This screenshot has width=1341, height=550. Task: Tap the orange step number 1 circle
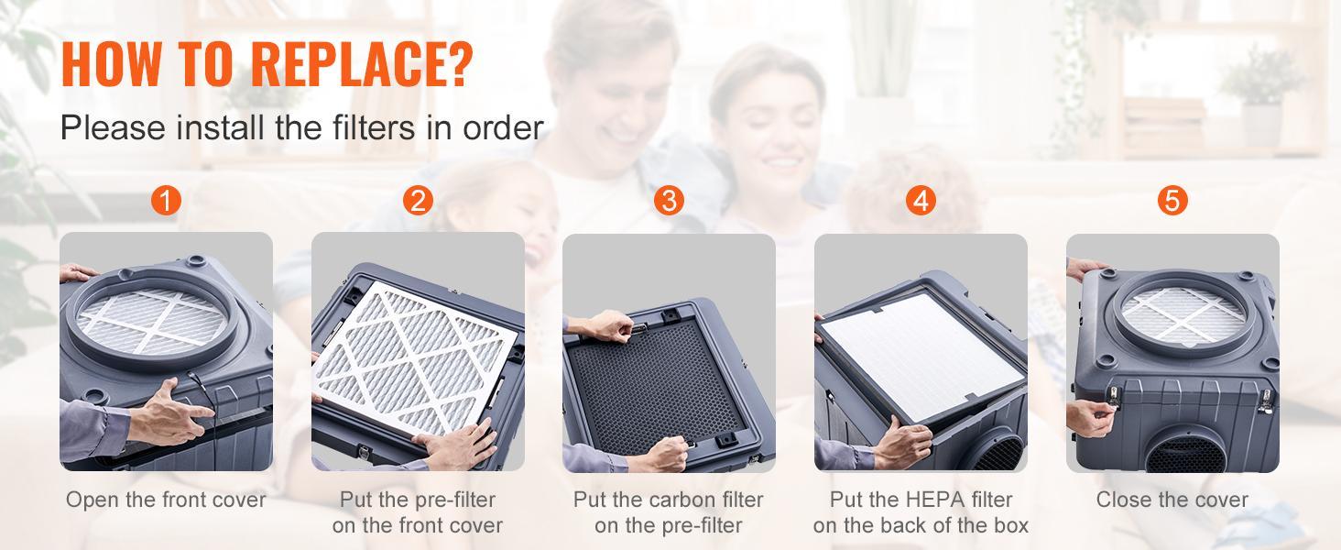(x=166, y=201)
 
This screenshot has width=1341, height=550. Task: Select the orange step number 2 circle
(x=418, y=201)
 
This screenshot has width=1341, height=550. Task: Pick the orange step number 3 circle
(x=669, y=201)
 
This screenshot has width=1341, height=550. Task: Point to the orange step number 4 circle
(x=921, y=201)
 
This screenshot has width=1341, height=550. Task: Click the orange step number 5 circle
(x=1172, y=201)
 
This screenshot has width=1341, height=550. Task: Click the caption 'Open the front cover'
(x=166, y=500)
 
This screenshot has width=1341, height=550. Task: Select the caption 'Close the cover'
(x=1172, y=500)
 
